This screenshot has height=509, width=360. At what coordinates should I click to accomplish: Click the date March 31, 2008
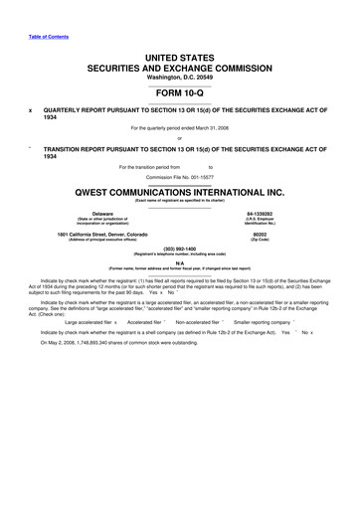[218, 128]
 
